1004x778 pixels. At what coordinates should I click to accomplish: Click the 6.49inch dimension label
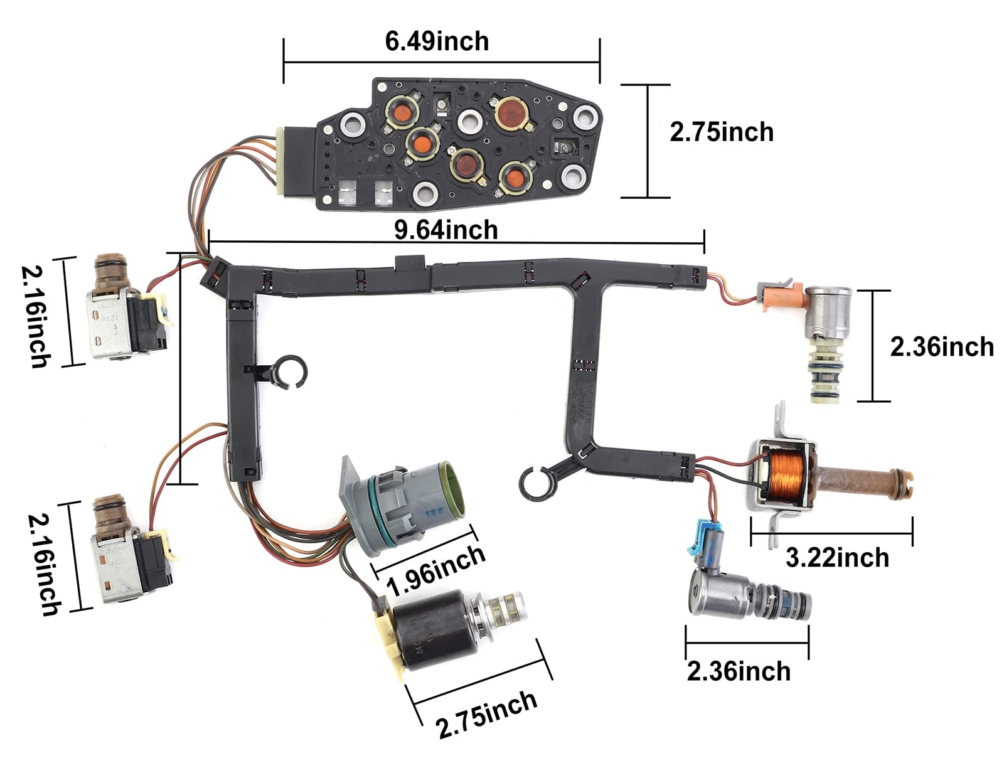tap(437, 41)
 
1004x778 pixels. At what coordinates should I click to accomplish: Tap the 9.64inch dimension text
tap(446, 230)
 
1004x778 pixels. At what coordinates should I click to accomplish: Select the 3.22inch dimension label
tap(837, 557)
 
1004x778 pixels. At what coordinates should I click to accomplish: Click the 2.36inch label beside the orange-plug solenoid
tap(941, 346)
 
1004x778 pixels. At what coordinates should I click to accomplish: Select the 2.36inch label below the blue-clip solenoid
tap(739, 671)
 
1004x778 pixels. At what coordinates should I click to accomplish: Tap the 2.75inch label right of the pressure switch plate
tap(722, 132)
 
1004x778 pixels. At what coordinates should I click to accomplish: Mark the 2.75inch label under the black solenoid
tap(487, 714)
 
